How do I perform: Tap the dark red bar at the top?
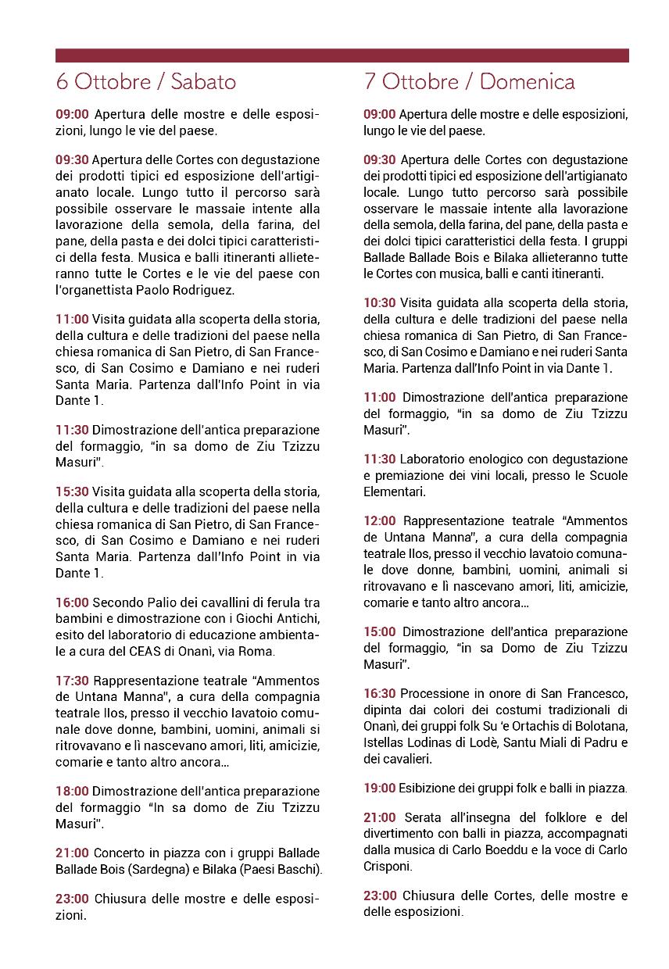342,55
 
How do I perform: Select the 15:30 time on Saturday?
72,492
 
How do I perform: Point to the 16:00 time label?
72,602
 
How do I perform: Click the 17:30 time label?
72,681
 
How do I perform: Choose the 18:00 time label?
72,791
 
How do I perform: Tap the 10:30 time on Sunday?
380,302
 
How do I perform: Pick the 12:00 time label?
380,520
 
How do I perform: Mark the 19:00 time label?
380,788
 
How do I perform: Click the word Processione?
434,693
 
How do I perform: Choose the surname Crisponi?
388,866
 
